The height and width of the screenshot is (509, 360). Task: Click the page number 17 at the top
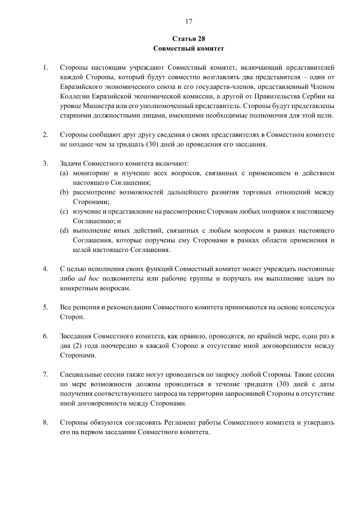click(188, 21)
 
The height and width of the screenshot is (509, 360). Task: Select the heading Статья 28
click(188, 39)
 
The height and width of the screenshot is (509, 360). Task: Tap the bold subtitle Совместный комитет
click(188, 48)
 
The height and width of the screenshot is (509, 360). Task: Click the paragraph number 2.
click(45, 135)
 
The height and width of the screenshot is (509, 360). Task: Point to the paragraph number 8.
click(45, 422)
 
